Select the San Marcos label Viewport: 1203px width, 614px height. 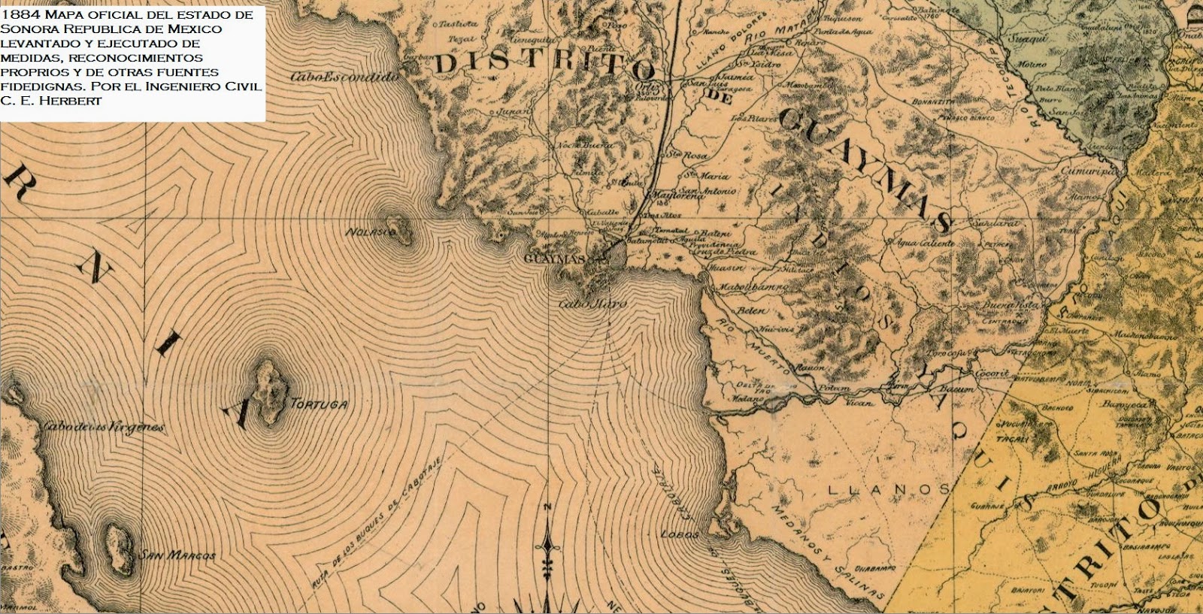[177, 556]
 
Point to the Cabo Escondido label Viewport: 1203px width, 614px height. [344, 77]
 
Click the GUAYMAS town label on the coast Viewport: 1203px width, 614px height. [558, 259]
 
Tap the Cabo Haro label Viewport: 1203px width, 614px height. [592, 304]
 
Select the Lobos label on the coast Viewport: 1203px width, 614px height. [680, 535]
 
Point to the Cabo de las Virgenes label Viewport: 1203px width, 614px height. [104, 427]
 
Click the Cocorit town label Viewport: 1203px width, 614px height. [991, 373]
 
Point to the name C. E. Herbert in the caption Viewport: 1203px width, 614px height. [51, 101]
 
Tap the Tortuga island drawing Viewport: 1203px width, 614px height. [268, 391]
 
